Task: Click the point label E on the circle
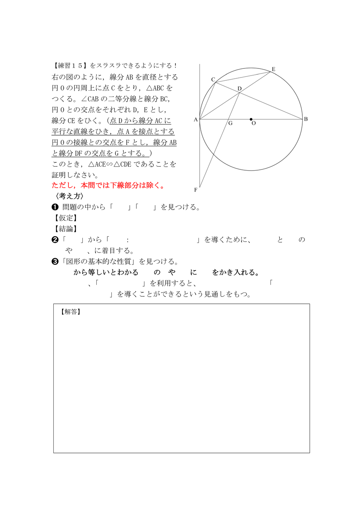(x=273, y=69)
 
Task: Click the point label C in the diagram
(x=213, y=80)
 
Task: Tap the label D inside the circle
(x=239, y=88)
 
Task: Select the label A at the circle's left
(x=195, y=119)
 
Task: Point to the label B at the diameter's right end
(x=306, y=119)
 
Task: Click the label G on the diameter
(x=230, y=123)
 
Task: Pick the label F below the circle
(x=196, y=190)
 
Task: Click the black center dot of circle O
(x=251, y=119)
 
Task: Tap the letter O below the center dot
(x=253, y=124)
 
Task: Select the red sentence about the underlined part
(x=108, y=185)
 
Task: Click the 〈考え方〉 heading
(x=69, y=196)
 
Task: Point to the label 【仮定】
(x=64, y=218)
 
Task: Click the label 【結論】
(x=64, y=229)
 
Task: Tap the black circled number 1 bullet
(x=55, y=207)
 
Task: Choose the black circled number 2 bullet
(x=55, y=240)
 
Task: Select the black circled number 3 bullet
(x=55, y=262)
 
